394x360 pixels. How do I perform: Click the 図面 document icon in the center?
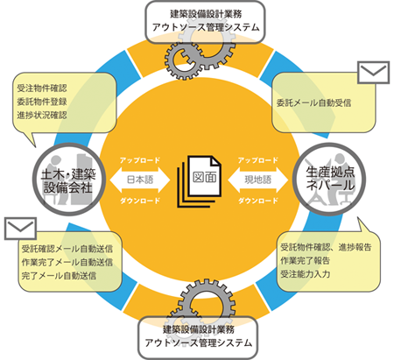pyautogui.click(x=199, y=181)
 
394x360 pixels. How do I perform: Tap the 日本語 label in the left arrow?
pyautogui.click(x=140, y=180)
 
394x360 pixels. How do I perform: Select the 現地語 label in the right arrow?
pyautogui.click(x=258, y=180)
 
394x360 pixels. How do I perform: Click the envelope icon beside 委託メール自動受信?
pyautogui.click(x=373, y=73)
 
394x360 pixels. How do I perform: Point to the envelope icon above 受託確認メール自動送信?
pyautogui.click(x=20, y=229)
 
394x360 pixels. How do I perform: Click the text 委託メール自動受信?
pyautogui.click(x=313, y=102)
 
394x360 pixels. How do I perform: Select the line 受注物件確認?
pyautogui.click(x=42, y=88)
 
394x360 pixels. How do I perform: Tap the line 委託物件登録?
pyautogui.click(x=42, y=102)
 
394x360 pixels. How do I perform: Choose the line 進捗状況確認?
pyautogui.click(x=42, y=115)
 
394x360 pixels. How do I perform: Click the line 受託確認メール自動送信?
pyautogui.click(x=67, y=249)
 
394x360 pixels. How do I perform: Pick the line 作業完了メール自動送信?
pyautogui.click(x=67, y=262)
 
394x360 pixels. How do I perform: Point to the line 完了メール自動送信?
pyautogui.click(x=59, y=276)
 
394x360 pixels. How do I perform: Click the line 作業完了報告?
pyautogui.click(x=306, y=260)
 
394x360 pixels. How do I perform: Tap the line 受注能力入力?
pyautogui.click(x=306, y=274)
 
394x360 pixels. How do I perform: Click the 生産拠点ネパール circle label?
pyautogui.click(x=330, y=179)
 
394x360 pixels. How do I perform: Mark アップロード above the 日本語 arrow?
pyautogui.click(x=140, y=160)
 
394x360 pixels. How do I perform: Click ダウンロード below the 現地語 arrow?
pyautogui.click(x=258, y=201)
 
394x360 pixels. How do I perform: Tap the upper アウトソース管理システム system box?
pyautogui.click(x=205, y=22)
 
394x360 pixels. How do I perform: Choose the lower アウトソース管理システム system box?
pyautogui.click(x=198, y=337)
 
